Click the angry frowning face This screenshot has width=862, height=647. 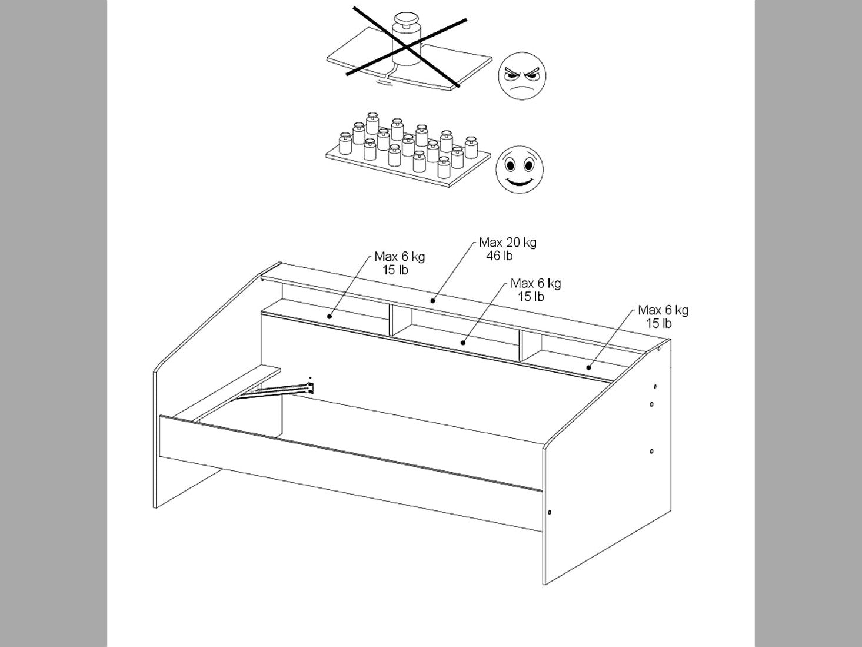click(x=522, y=76)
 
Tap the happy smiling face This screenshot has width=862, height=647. click(x=520, y=170)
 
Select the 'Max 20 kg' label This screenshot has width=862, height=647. click(x=508, y=243)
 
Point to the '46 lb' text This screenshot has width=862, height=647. click(x=500, y=256)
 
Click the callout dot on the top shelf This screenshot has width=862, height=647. click(x=432, y=301)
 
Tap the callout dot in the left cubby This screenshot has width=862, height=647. click(x=330, y=316)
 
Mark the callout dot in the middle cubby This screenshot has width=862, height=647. click(x=463, y=343)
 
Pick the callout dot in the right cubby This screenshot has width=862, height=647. click(x=588, y=368)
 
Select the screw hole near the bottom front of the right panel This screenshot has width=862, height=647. click(x=550, y=512)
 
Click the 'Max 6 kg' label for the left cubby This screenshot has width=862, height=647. click(x=400, y=257)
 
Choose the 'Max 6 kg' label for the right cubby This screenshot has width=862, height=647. click(x=663, y=310)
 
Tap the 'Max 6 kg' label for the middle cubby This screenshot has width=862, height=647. click(x=535, y=284)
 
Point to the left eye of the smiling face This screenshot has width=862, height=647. click(x=510, y=165)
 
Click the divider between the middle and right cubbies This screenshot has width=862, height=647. click(x=521, y=346)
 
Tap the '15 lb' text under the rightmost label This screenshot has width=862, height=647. click(x=659, y=324)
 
